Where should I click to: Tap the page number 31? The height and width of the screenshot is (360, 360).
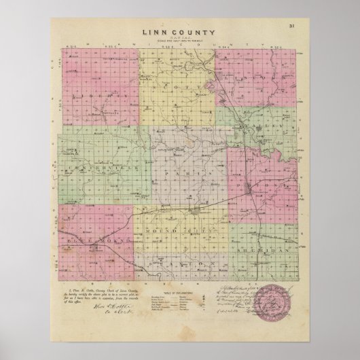pyautogui.click(x=290, y=26)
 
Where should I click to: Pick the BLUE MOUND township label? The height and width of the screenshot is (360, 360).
pyautogui.click(x=91, y=239)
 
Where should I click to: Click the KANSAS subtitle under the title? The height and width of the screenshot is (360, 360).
pyautogui.click(x=179, y=38)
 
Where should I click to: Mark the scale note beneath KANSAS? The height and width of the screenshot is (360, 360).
pyautogui.click(x=179, y=42)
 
